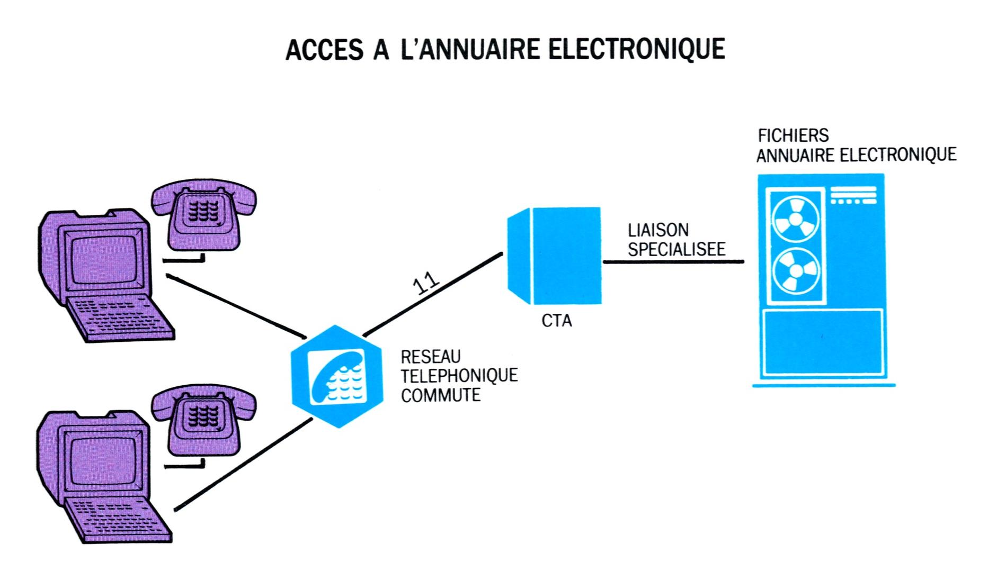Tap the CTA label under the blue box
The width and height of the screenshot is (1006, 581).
click(557, 321)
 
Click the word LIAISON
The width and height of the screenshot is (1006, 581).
click(658, 230)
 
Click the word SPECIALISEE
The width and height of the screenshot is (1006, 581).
click(676, 249)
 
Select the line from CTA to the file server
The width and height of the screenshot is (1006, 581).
click(673, 261)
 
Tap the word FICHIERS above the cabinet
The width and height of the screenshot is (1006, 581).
click(793, 136)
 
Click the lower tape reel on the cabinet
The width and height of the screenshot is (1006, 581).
click(795, 271)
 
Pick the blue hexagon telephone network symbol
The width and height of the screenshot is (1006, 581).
click(337, 376)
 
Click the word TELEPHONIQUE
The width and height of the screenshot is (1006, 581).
click(459, 376)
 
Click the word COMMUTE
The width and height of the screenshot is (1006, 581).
click(440, 395)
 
